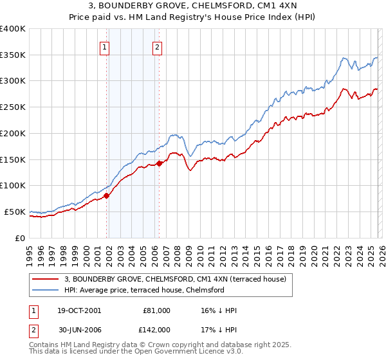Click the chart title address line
tap(193, 6)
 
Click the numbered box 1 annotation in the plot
tap(104, 46)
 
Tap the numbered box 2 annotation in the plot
tap(157, 46)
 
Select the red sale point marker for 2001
tap(107, 196)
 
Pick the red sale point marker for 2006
tap(159, 164)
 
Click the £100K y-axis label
tap(13, 186)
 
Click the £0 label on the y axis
tap(19, 238)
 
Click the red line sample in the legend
tap(46, 279)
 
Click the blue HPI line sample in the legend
tap(46, 290)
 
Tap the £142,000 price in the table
tap(157, 330)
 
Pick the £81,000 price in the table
tap(157, 310)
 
